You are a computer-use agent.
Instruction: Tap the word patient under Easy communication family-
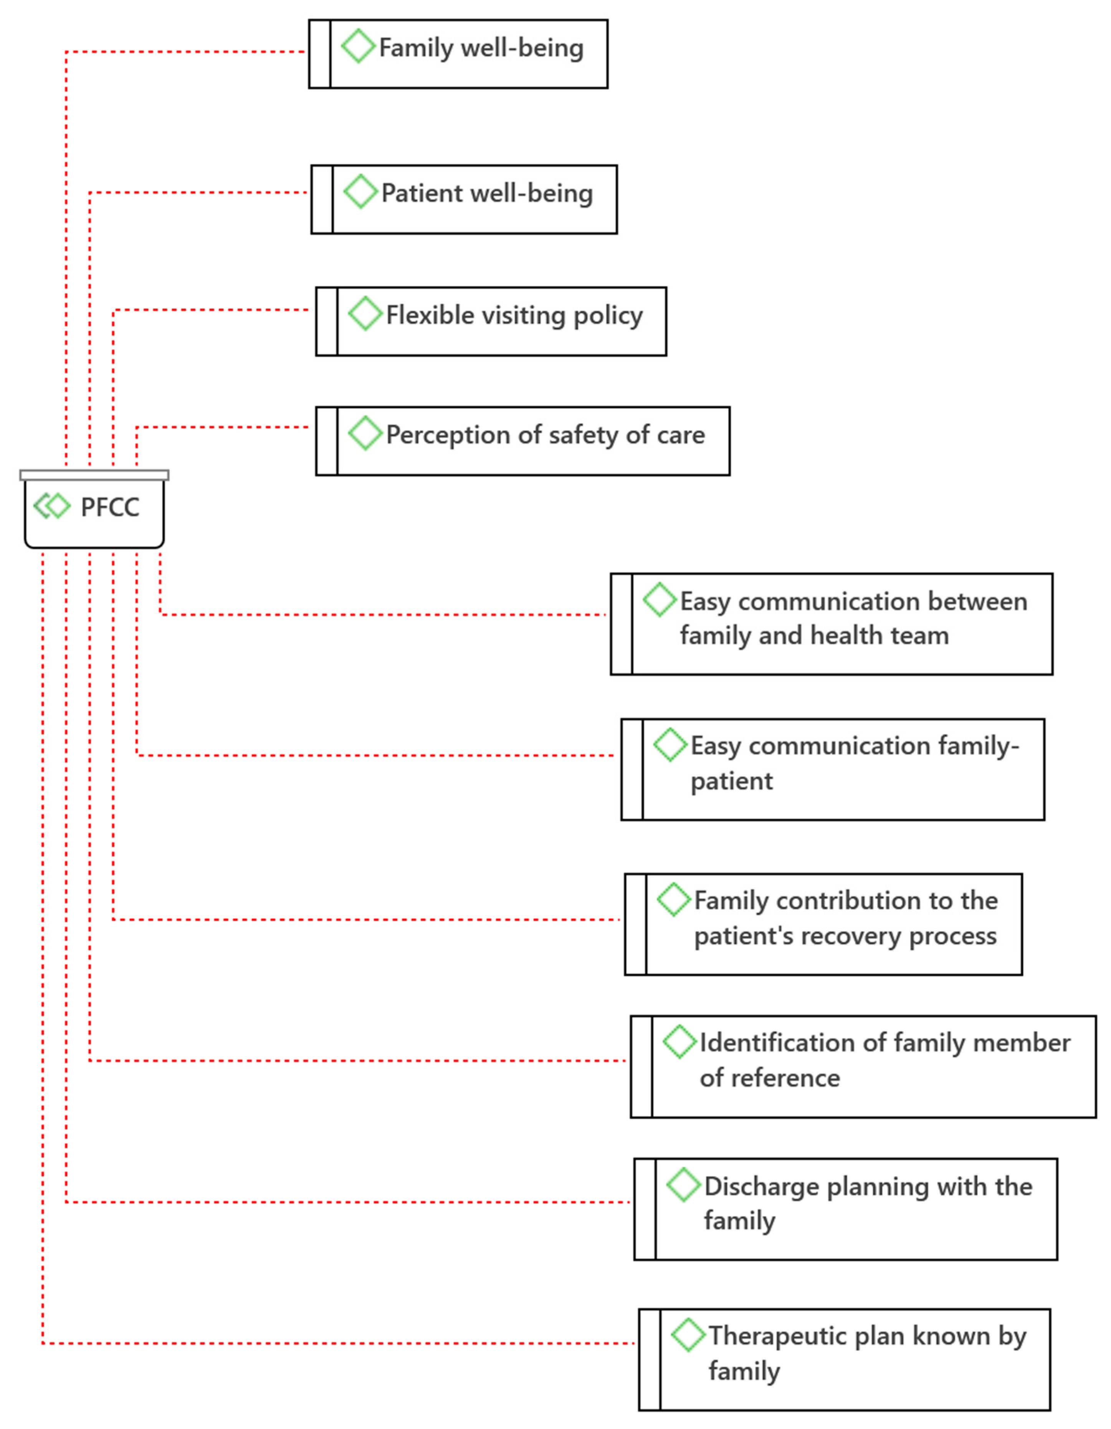(x=731, y=781)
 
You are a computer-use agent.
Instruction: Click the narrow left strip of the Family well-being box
(x=319, y=54)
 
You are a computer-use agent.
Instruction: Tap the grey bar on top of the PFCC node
(x=94, y=475)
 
